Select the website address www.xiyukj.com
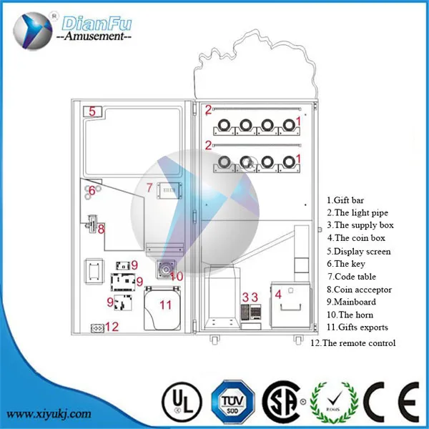coord(51,413)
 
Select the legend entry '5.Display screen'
coord(359,252)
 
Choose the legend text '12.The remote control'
coord(353,343)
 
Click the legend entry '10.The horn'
coord(350,315)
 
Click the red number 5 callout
coord(92,112)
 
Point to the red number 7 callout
coord(149,188)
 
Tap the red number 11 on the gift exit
coord(165,305)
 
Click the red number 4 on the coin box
coord(277,293)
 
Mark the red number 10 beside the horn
coord(177,275)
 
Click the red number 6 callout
coord(92,190)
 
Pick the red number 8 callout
coord(101,230)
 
